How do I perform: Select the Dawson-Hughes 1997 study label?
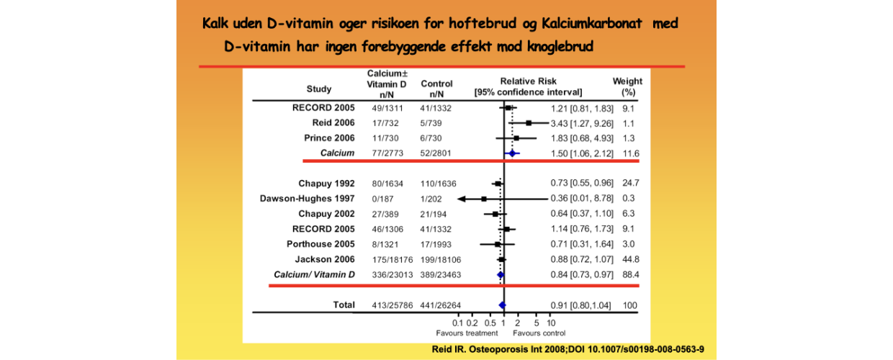[x=307, y=198]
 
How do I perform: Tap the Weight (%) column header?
[x=627, y=87]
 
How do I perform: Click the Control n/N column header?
[x=436, y=89]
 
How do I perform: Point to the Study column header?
[x=319, y=89]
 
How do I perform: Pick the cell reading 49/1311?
[x=387, y=108]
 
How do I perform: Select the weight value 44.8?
[x=631, y=259]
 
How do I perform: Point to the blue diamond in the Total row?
[x=502, y=305]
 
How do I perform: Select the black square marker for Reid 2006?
[x=529, y=123]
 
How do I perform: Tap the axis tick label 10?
[x=552, y=323]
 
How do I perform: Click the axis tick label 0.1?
[x=457, y=323]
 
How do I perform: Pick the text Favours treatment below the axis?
[x=467, y=333]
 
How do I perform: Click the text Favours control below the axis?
[x=539, y=333]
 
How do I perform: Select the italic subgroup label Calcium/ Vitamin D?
[x=314, y=274]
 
